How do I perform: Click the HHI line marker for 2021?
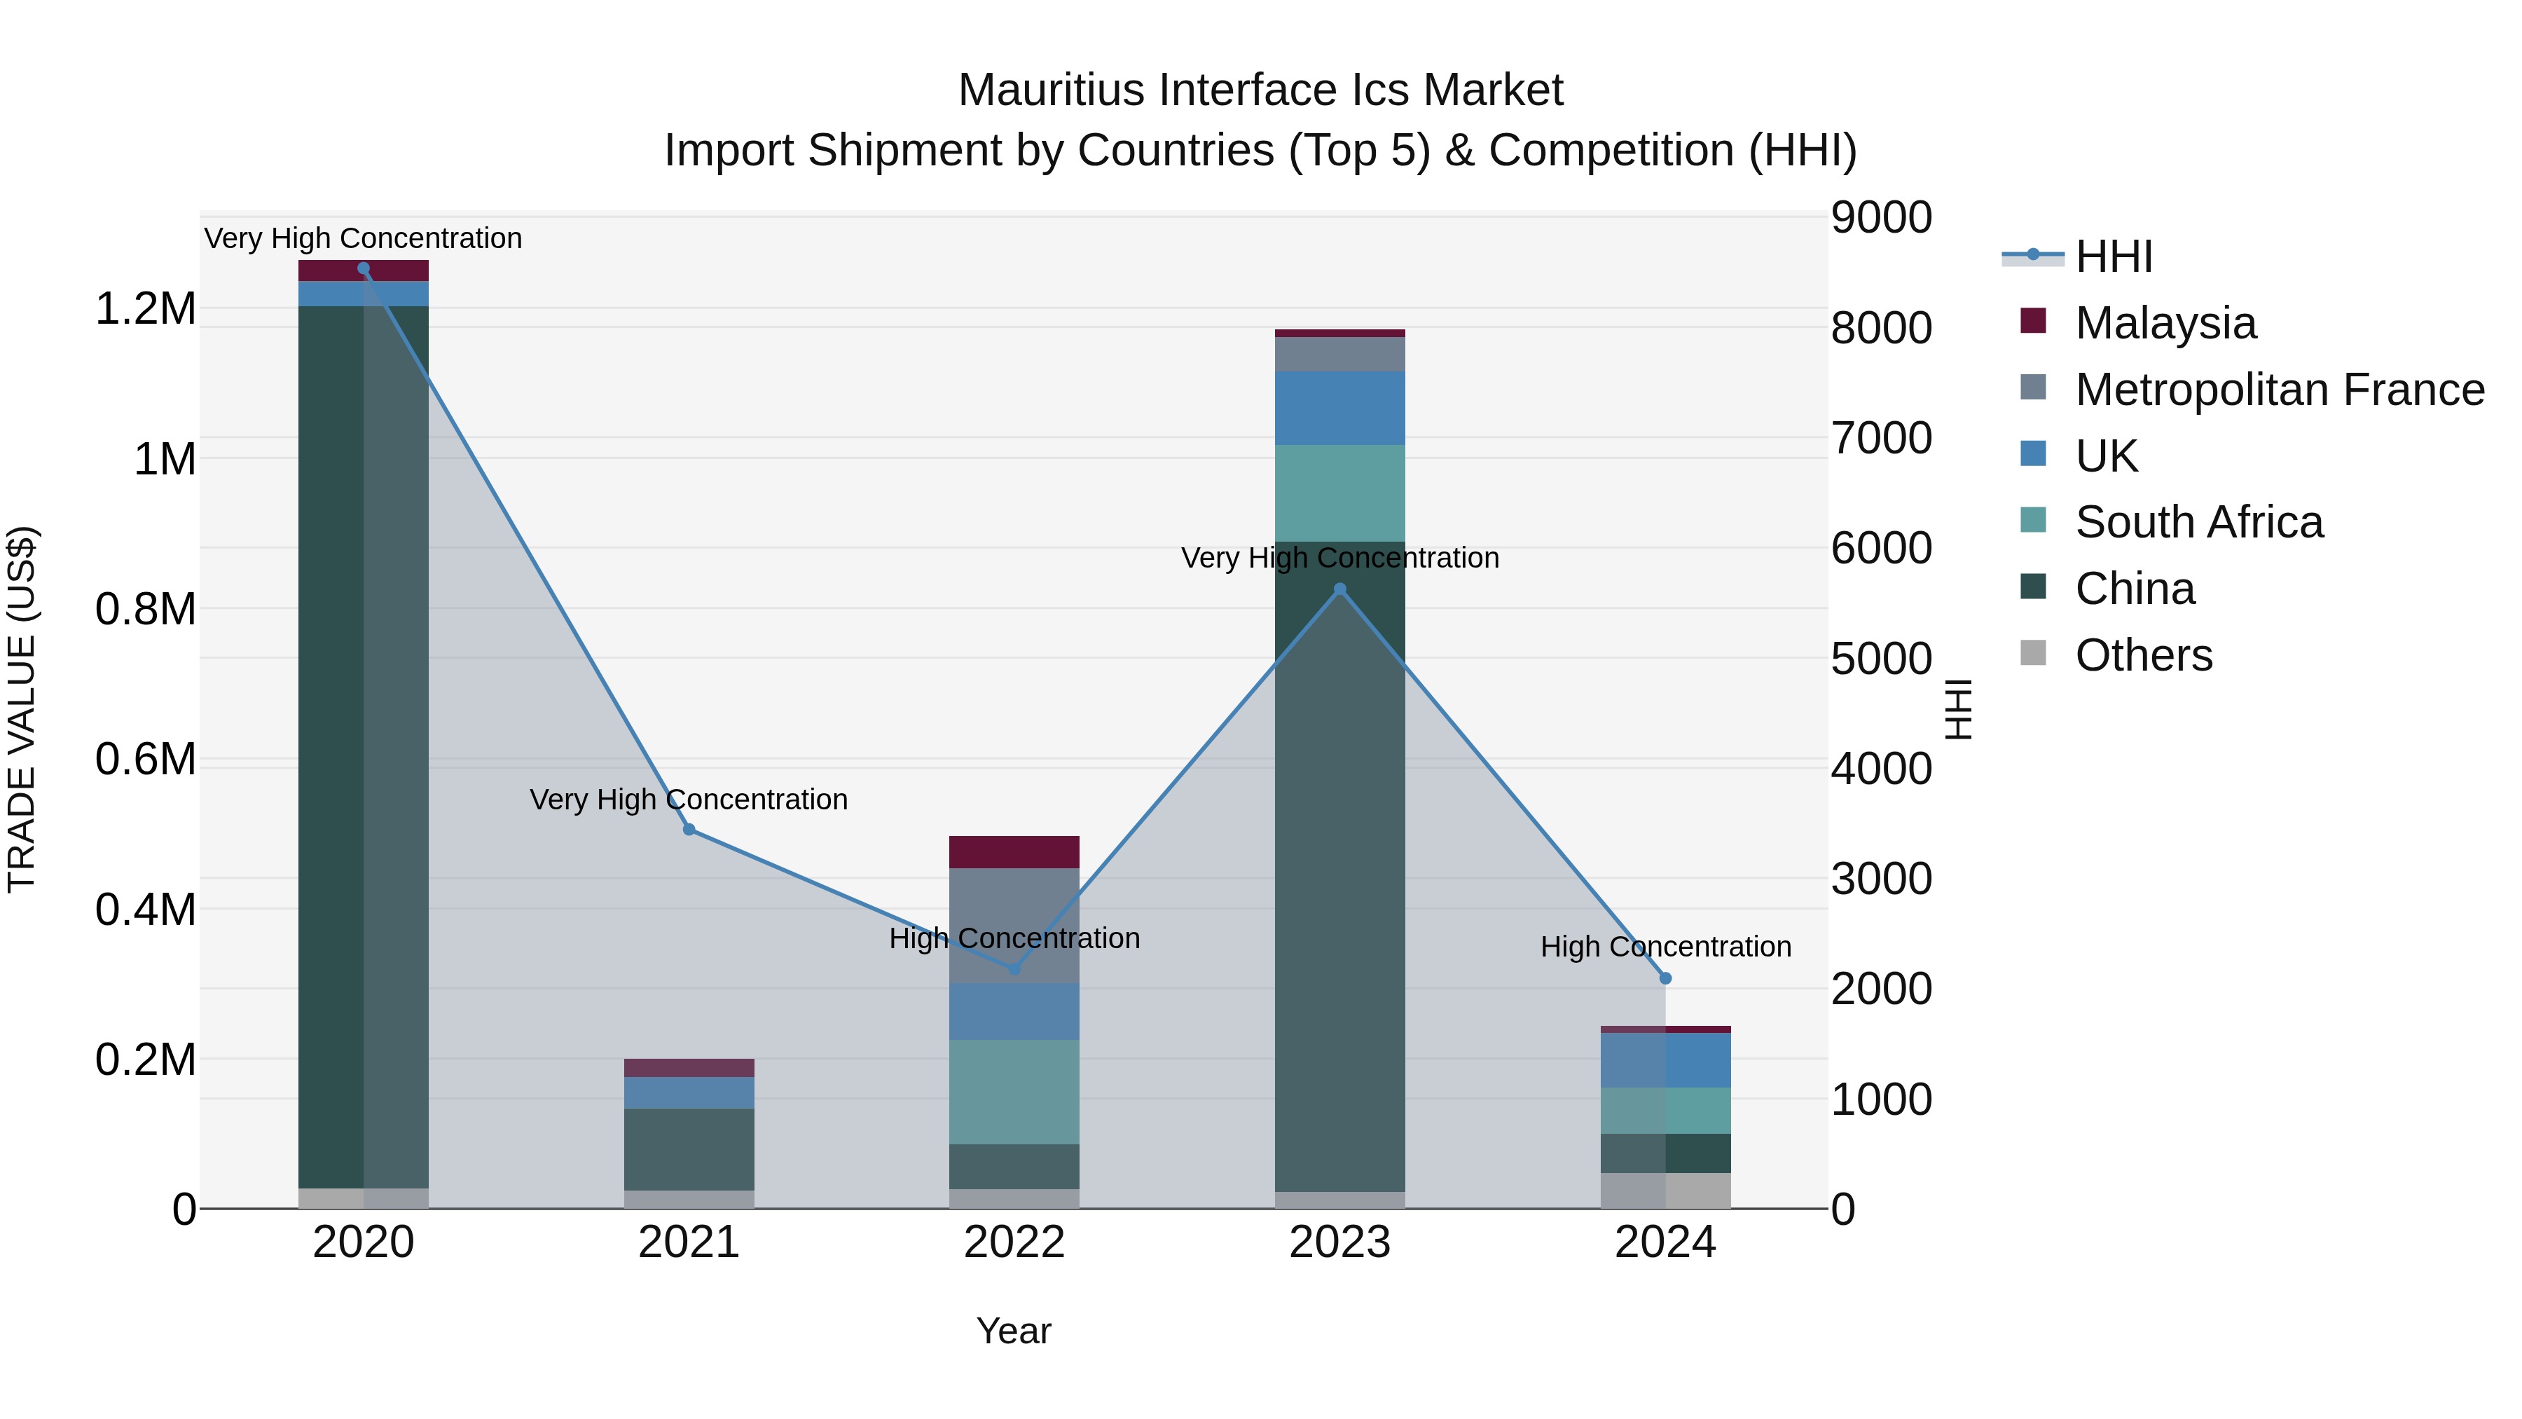(689, 830)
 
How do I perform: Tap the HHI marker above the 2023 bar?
(1340, 589)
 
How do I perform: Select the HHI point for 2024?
(1665, 978)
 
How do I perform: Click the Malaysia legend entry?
(2165, 323)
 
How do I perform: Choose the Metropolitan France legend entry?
(2279, 390)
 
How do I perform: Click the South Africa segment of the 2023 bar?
(1339, 493)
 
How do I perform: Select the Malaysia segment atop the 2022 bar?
(1014, 852)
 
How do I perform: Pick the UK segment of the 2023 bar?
(1339, 409)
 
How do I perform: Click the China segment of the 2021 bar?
(689, 1149)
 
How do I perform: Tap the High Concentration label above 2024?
(1665, 947)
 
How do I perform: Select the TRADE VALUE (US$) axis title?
(22, 709)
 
